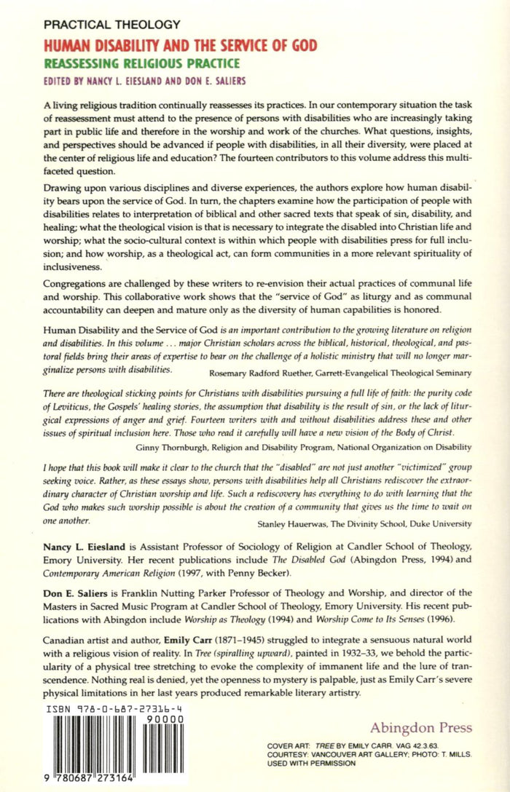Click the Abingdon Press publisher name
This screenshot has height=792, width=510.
[420, 728]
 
